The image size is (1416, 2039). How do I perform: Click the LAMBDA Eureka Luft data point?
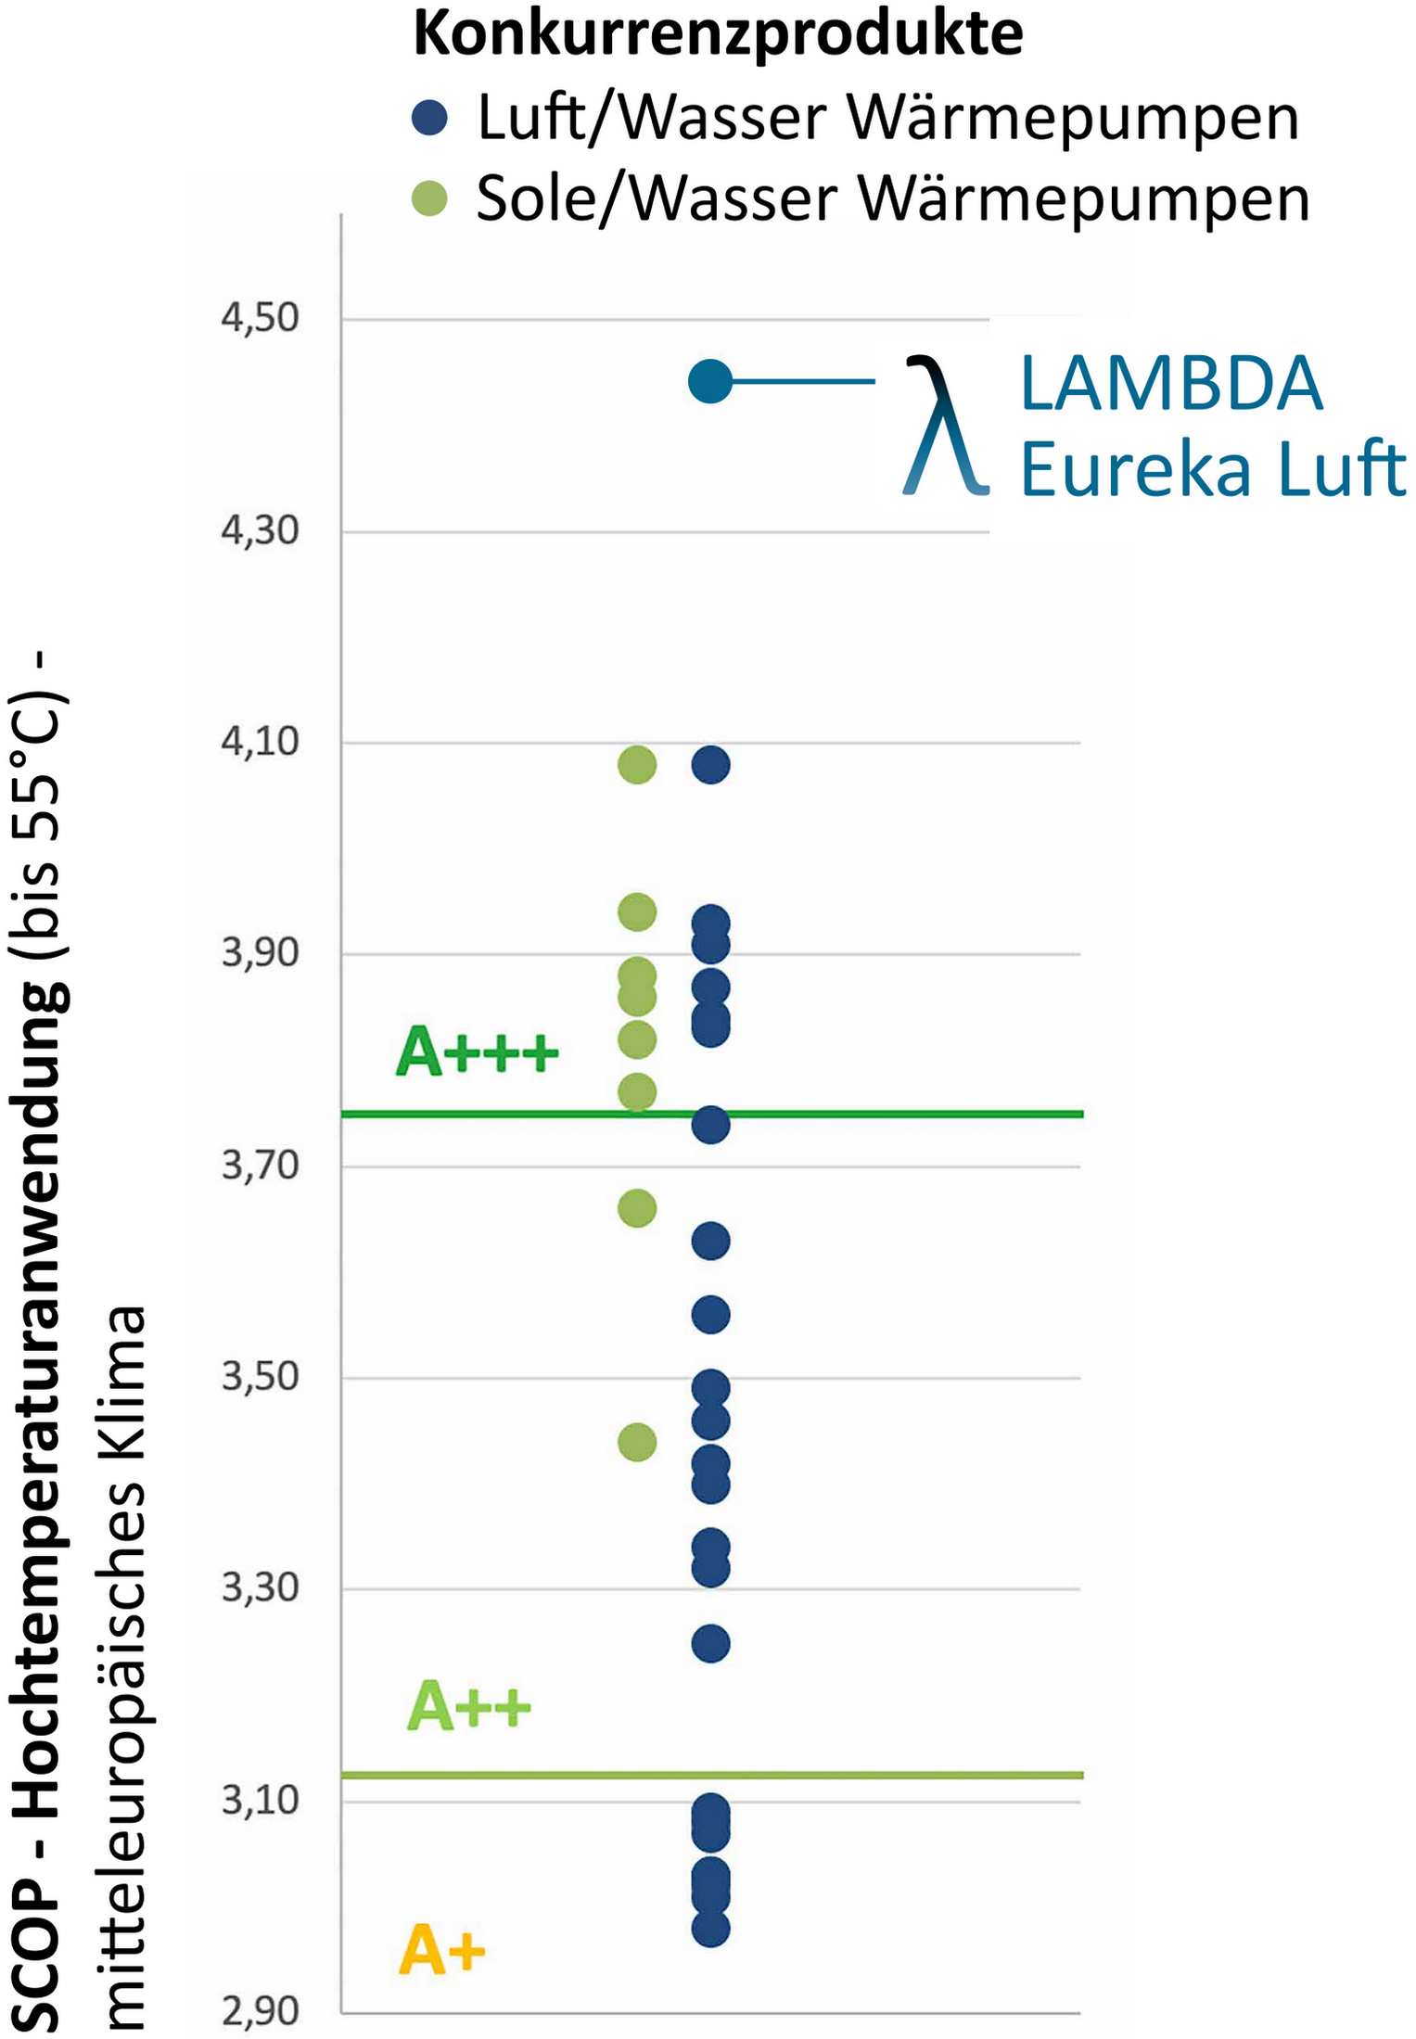[x=710, y=381]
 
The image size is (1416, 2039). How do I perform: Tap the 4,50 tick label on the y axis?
[x=260, y=318]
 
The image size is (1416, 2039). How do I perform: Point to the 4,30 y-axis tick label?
[x=260, y=530]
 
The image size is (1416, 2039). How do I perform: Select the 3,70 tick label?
[x=260, y=1165]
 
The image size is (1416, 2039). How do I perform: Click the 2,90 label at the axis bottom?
[x=260, y=2013]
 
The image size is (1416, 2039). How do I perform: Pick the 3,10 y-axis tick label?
[x=260, y=1801]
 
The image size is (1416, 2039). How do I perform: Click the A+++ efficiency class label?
[x=477, y=1052]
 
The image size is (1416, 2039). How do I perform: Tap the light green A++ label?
[x=469, y=1708]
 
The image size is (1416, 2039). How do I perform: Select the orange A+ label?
[x=441, y=1951]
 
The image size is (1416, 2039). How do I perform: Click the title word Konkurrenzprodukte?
[x=718, y=34]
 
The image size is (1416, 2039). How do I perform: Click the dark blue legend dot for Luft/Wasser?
[x=429, y=118]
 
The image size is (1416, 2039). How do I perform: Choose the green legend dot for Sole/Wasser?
[x=429, y=198]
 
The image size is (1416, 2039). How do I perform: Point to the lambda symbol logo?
[x=944, y=425]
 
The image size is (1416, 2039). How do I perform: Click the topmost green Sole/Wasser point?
[x=637, y=765]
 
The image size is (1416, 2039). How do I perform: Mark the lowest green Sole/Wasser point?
[x=637, y=1443]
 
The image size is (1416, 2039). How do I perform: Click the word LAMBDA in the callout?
[x=1170, y=384]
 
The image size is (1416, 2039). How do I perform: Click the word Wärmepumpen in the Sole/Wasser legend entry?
[x=1083, y=198]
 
